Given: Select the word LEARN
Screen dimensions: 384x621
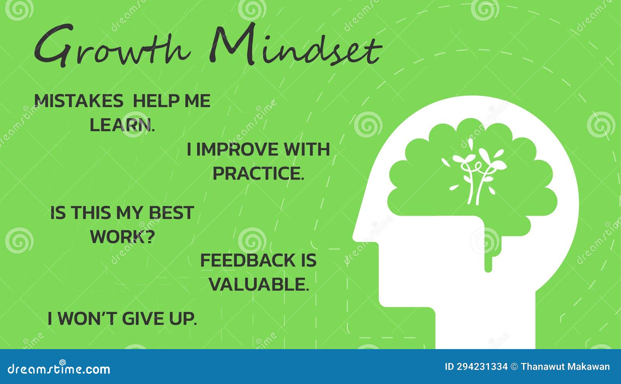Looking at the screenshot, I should click(122, 125).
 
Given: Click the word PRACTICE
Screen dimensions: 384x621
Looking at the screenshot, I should click(258, 173).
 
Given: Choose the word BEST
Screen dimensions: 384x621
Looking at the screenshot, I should click(172, 213).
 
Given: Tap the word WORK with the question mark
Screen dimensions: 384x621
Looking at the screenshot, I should click(122, 237).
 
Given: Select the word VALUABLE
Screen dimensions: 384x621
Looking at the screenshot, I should click(259, 285).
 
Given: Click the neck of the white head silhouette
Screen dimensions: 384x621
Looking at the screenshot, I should click(485, 330).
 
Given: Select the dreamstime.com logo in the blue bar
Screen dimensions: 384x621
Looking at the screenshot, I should click(59, 368).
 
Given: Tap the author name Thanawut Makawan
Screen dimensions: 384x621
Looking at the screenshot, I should click(565, 367).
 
